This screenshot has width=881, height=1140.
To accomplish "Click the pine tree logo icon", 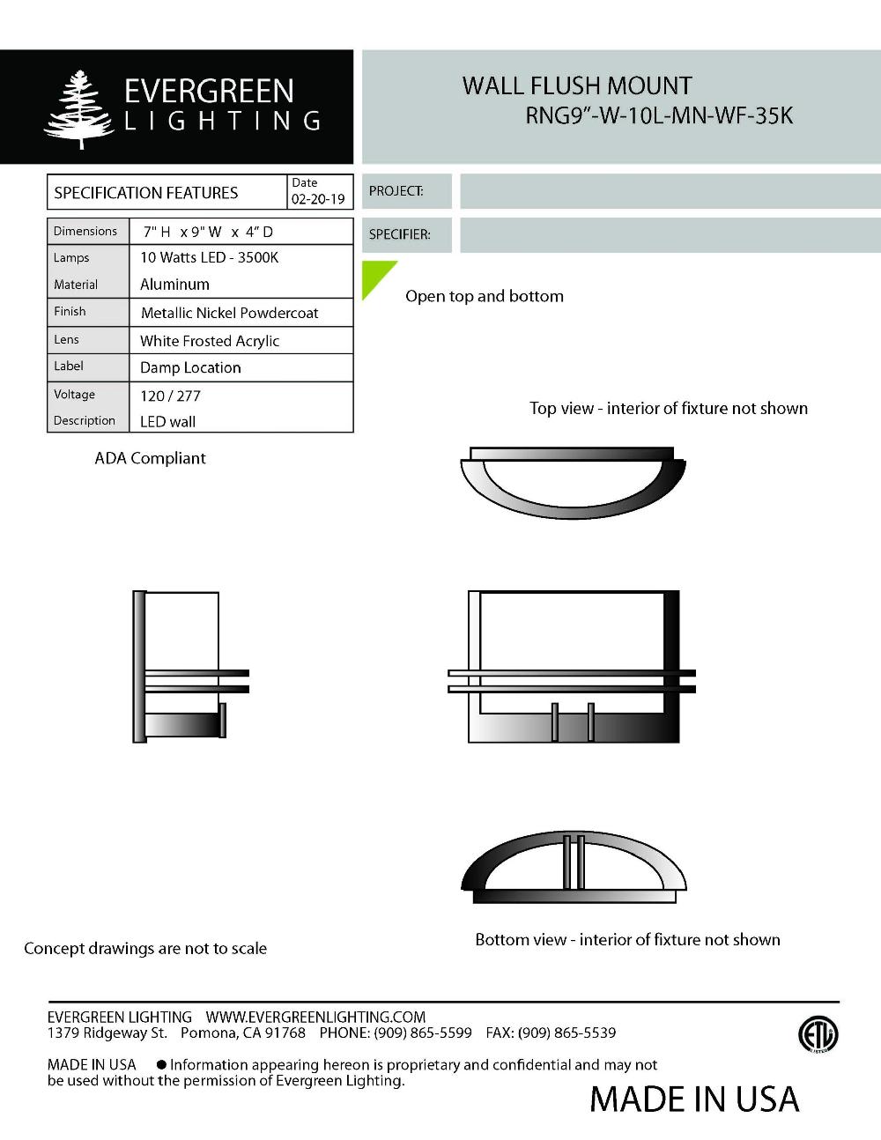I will pyautogui.click(x=79, y=109).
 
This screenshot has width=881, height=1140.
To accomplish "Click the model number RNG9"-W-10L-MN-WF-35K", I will pyautogui.click(x=659, y=115).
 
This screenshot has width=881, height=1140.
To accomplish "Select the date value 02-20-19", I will pyautogui.click(x=318, y=200).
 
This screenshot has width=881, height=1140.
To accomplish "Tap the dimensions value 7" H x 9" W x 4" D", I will pyautogui.click(x=208, y=232).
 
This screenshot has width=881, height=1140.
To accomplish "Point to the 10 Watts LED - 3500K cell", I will pyautogui.click(x=209, y=257).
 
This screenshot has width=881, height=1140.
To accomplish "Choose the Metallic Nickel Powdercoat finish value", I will pyautogui.click(x=229, y=313).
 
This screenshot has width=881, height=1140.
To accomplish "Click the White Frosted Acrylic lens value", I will pyautogui.click(x=210, y=341).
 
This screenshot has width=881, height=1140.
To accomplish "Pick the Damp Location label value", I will pyautogui.click(x=190, y=367).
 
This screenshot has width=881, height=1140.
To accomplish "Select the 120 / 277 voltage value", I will pyautogui.click(x=170, y=396).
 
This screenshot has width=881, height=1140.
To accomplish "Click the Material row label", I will pyautogui.click(x=76, y=285).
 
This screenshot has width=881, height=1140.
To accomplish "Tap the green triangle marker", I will pyautogui.click(x=374, y=275).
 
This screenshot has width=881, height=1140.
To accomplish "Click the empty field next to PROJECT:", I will pyautogui.click(x=670, y=191).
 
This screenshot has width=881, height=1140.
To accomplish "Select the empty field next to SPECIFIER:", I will pyautogui.click(x=670, y=235).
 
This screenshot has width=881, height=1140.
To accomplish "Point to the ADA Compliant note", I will pyautogui.click(x=150, y=458).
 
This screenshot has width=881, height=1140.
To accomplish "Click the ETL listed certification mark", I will pyautogui.click(x=818, y=1034).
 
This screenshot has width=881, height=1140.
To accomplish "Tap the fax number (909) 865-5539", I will pyautogui.click(x=566, y=1033).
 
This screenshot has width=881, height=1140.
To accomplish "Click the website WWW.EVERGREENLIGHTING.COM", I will pyautogui.click(x=315, y=1017).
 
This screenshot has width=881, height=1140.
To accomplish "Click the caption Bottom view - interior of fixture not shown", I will pyautogui.click(x=627, y=940).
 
